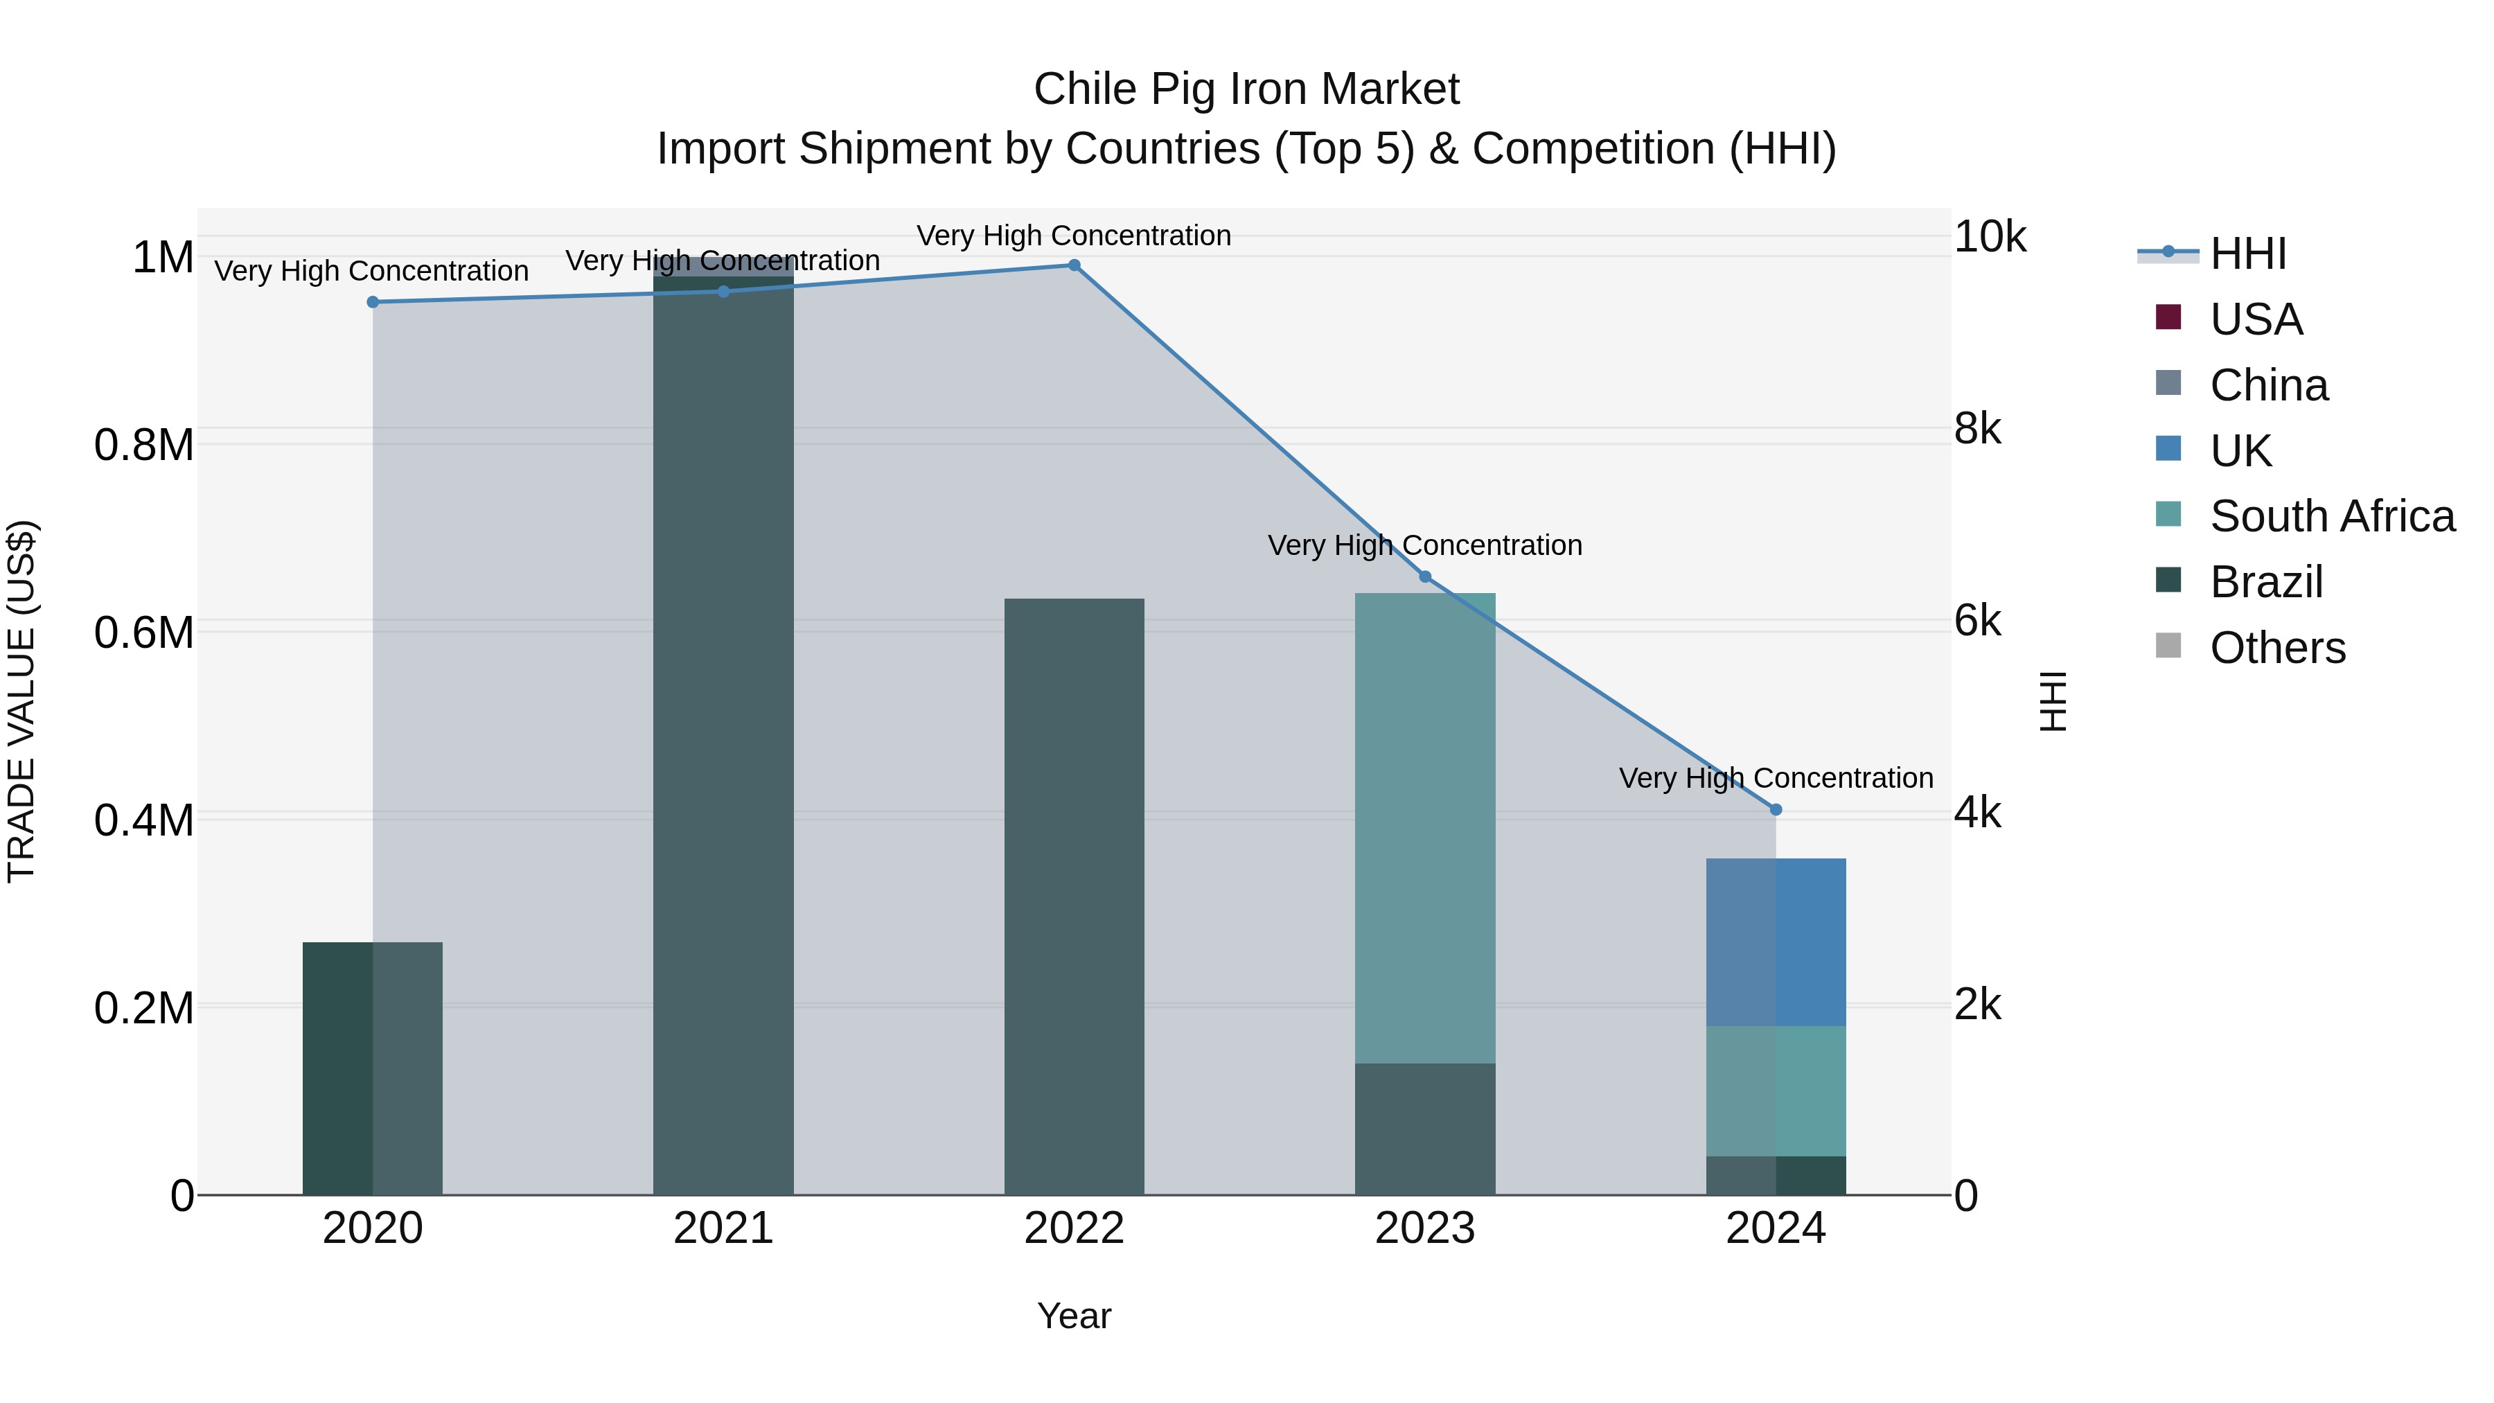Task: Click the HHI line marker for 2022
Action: pos(1074,265)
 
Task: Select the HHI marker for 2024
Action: pos(1776,809)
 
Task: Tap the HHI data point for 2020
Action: pos(373,302)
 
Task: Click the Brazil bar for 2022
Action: pos(1074,896)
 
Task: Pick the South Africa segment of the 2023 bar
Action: pos(1424,828)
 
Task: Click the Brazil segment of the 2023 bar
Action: pos(1424,1129)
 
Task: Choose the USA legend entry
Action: pos(2255,319)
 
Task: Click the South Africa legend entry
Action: pos(2331,516)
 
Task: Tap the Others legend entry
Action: pos(2276,648)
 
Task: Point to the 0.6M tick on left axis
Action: pos(143,633)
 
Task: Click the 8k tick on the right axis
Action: pos(1977,429)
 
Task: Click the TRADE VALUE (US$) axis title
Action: pos(21,701)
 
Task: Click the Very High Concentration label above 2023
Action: pos(1424,546)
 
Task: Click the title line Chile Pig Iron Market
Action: pos(1246,89)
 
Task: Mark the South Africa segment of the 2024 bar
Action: pos(1776,1091)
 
